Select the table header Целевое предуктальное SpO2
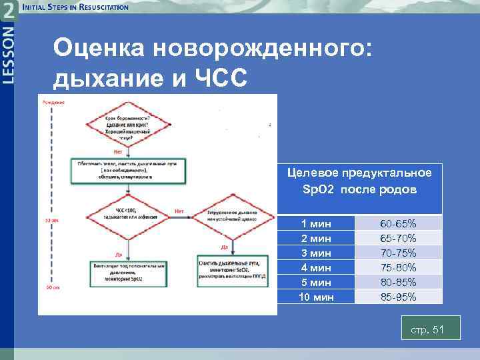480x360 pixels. [359, 181]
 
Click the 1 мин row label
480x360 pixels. [317, 223]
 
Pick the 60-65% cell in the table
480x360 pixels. [398, 223]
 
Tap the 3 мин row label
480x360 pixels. [317, 253]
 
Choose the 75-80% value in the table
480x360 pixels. [398, 267]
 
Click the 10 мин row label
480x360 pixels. [317, 297]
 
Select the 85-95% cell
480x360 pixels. [398, 297]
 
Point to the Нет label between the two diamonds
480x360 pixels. [179, 211]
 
